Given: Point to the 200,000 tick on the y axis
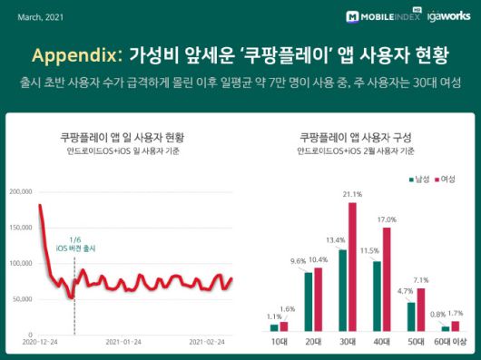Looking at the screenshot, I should coord(21,192).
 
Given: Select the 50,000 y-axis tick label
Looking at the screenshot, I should coord(23,299).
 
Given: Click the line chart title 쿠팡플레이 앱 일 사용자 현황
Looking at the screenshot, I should coord(117,138).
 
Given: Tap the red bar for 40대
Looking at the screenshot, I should coord(387,279).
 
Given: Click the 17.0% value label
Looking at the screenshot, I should coord(388,219).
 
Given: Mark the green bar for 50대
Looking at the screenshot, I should coord(411,316).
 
